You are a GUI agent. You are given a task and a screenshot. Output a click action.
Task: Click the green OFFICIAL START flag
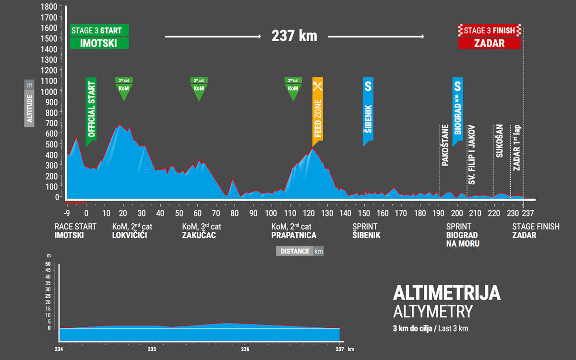[x=91, y=110]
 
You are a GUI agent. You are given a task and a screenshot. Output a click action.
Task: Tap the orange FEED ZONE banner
[x=317, y=108]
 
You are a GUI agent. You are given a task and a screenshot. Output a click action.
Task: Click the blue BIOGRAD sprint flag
[x=457, y=108]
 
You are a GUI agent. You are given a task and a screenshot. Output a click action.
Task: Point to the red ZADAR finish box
[x=490, y=43]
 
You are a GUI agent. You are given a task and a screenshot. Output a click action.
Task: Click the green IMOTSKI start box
[x=99, y=43]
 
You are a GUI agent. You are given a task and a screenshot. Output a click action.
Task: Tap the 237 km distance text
[x=294, y=36]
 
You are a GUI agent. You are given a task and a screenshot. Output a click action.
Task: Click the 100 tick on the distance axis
[x=271, y=213]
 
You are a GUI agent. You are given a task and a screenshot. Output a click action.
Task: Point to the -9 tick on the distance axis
[x=67, y=213]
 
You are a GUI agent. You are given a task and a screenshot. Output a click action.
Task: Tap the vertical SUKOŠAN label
[x=499, y=143]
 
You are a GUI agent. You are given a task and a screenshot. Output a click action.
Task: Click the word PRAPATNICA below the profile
[x=294, y=235]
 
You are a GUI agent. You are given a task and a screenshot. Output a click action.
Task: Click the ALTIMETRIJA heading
[x=446, y=293]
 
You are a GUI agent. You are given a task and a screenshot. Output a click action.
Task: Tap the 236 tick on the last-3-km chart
[x=245, y=349]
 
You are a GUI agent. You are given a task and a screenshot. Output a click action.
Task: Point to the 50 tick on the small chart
[x=48, y=264]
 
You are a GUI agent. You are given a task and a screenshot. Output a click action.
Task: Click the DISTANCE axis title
[x=294, y=252]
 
